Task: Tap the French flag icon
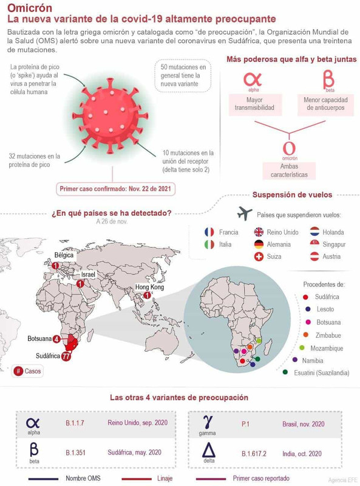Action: pos(209,231)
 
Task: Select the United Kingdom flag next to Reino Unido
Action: pos(259,231)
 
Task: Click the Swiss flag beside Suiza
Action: pos(259,256)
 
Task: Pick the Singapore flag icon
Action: pos(314,244)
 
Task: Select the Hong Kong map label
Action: pos(149,287)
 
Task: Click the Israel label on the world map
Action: pos(89,275)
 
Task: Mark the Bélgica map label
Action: pos(64,255)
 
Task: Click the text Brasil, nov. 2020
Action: pos(303,423)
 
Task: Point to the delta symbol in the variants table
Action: pos(208,451)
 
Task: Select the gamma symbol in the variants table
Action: pos(208,420)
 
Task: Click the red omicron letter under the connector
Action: pos(290,148)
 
